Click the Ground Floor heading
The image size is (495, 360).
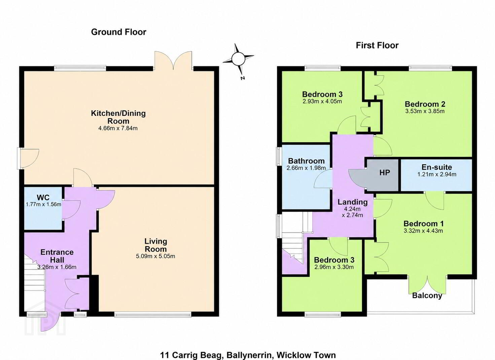119,32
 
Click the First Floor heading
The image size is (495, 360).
377,45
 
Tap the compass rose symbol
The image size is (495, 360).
238,59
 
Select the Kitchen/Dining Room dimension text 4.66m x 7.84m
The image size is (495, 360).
118,128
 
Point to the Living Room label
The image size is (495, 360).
155,245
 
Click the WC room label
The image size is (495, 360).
43,197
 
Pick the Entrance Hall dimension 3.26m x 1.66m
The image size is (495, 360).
57,267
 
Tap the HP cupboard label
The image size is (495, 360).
385,172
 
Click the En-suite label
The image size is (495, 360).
437,167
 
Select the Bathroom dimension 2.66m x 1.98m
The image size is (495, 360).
306,168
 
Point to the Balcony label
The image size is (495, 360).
427,295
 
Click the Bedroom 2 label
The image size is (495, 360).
425,104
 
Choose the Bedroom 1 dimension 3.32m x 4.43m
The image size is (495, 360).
423,231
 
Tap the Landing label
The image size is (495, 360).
352,202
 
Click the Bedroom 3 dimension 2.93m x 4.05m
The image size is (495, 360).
322,101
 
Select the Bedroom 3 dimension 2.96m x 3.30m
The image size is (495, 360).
334,267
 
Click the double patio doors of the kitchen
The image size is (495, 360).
173,61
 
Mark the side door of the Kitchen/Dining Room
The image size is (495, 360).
28,159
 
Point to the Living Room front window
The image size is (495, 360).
153,314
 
